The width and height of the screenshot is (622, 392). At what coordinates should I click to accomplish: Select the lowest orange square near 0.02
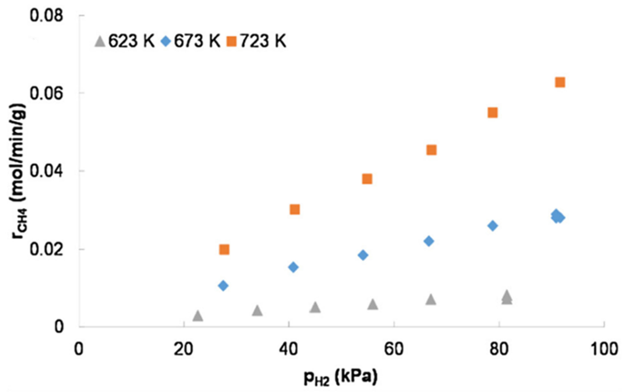224,250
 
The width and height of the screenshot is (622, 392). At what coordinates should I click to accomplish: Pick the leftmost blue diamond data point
223,286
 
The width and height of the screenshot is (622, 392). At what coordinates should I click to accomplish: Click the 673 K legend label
197,41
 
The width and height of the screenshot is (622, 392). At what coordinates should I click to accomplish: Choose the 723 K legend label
263,41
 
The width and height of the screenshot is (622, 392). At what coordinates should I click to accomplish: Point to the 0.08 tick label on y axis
47,16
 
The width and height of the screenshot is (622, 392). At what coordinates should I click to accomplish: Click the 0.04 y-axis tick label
47,171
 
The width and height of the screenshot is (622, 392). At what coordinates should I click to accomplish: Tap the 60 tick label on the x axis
394,349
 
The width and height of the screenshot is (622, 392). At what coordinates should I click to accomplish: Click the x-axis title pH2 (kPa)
341,378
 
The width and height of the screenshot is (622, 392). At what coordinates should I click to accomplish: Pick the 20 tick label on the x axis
183,349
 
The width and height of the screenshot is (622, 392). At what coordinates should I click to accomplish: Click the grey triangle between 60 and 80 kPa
431,300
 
